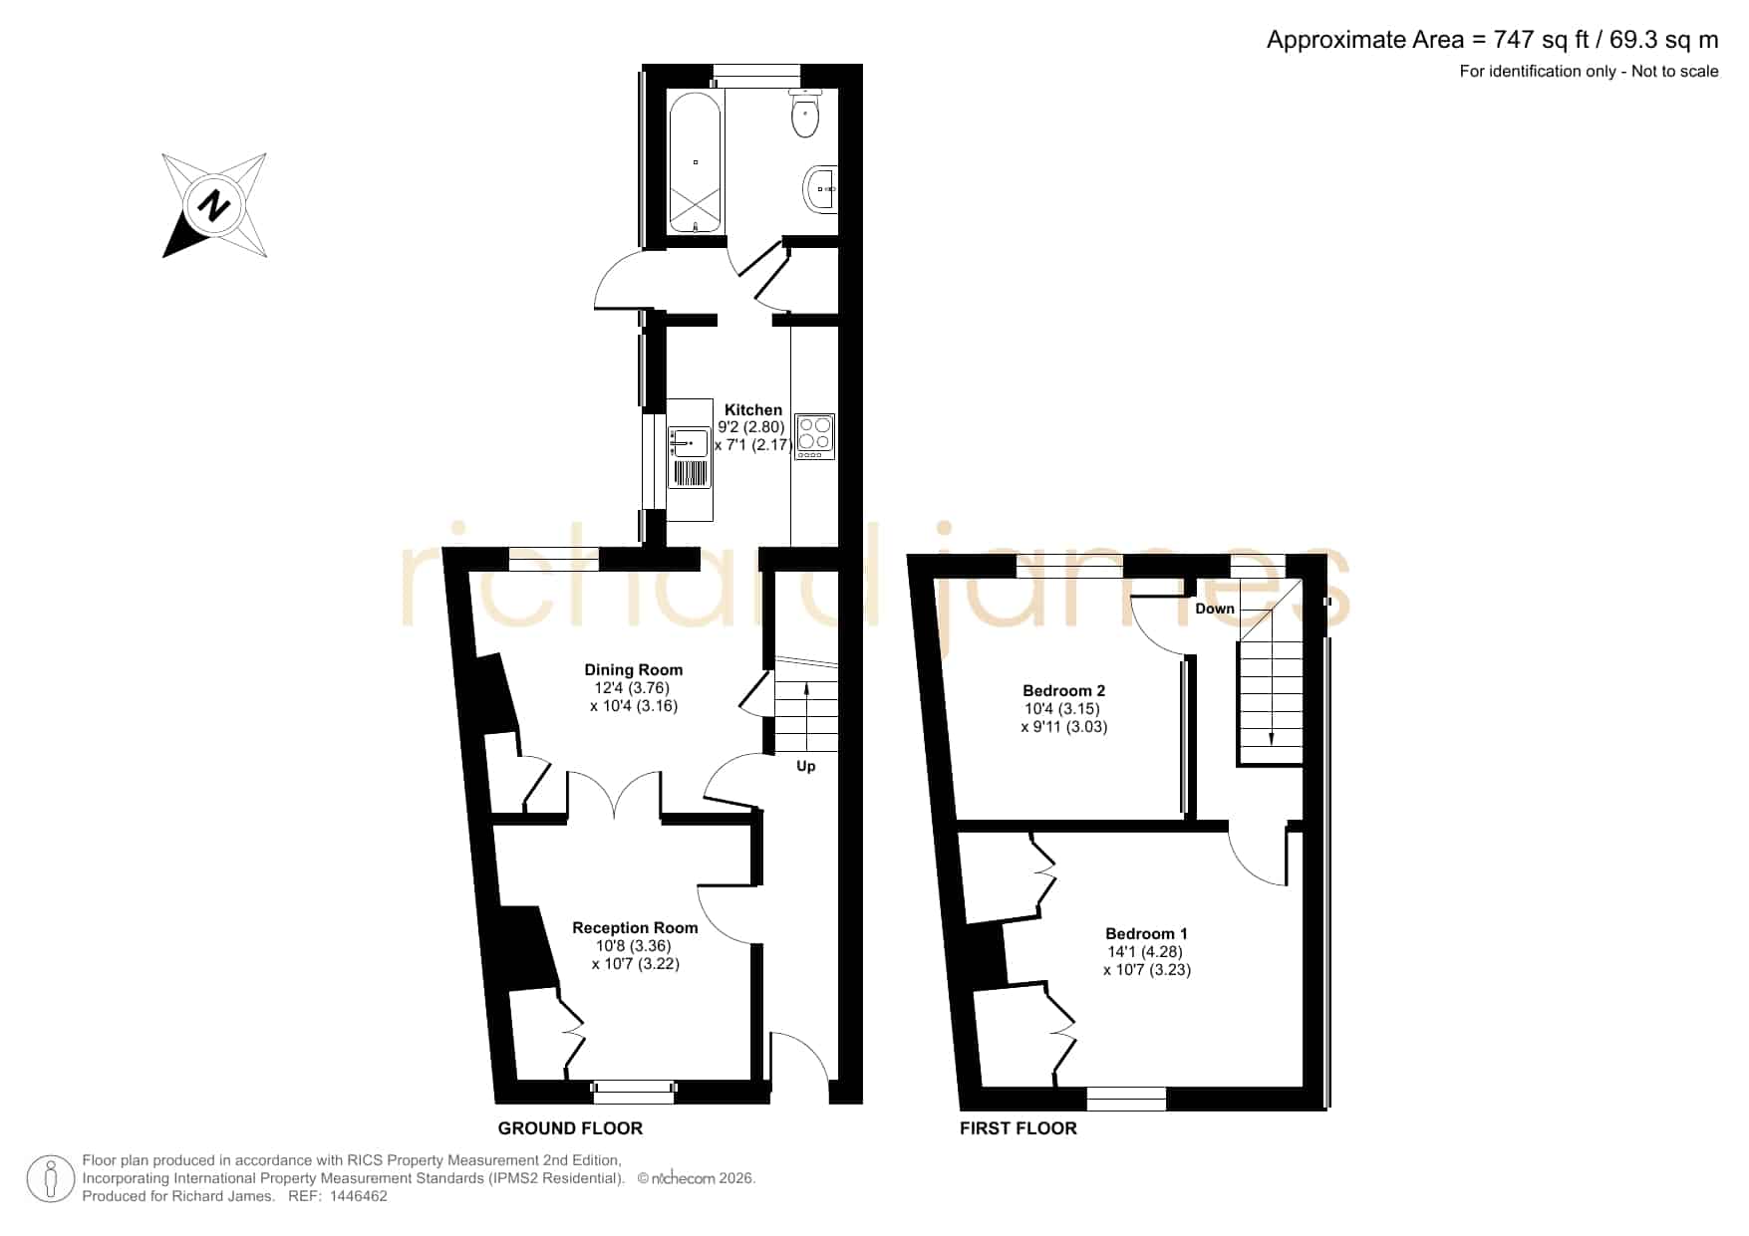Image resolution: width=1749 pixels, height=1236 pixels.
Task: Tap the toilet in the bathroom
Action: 805,113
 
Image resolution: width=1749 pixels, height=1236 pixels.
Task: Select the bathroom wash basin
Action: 820,187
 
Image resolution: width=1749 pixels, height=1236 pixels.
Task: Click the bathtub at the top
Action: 695,163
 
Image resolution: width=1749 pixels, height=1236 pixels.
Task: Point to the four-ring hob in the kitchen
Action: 815,436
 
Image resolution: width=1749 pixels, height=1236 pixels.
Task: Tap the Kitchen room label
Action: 753,409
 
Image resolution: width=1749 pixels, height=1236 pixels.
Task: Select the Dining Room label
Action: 634,670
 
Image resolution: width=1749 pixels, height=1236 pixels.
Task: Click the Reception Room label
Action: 635,927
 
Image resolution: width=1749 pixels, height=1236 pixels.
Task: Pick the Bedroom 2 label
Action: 1064,690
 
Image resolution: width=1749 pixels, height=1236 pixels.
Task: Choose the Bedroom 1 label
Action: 1147,933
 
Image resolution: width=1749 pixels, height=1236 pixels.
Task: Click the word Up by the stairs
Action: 806,766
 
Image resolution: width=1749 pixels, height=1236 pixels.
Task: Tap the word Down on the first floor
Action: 1215,609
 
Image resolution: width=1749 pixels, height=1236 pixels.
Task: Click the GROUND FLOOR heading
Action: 570,1128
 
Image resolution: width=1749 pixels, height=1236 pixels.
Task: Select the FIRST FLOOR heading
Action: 1019,1128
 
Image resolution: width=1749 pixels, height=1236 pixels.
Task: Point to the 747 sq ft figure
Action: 1540,40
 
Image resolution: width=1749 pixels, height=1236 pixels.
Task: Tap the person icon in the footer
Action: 50,1179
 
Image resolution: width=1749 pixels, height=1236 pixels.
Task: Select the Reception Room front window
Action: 634,1092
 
